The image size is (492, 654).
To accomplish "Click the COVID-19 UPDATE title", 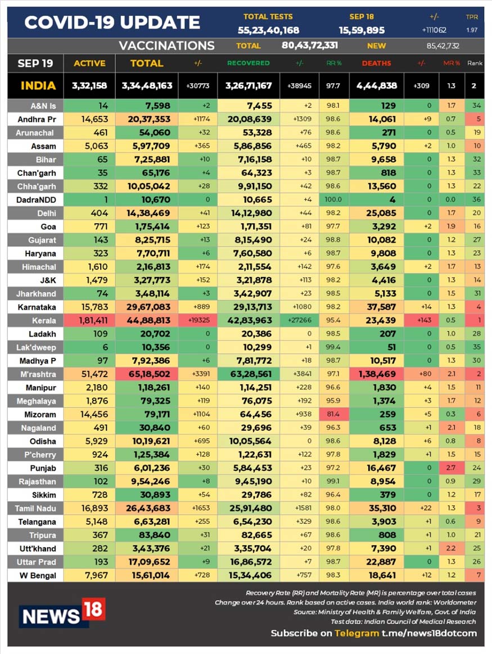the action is [112, 22].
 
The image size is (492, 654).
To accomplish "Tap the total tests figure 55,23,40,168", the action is [268, 30].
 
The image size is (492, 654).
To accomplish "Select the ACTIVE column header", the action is [89, 63].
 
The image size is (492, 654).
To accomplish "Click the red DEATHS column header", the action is [376, 63].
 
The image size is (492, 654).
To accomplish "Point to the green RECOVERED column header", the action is [249, 63].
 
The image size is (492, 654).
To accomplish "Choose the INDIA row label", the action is [38, 86].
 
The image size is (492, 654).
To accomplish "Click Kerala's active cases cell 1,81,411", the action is [93, 320].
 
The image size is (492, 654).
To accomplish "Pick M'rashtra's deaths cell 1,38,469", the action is [377, 374].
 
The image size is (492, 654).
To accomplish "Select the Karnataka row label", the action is [37, 307].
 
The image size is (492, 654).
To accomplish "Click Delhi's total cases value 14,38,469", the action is [148, 213].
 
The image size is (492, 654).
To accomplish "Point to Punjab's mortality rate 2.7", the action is [451, 468].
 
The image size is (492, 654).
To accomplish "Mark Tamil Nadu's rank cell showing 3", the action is [479, 508].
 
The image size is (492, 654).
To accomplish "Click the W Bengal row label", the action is [38, 575].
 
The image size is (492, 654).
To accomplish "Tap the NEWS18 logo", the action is [62, 614].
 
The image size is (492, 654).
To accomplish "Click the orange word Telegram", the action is [357, 633].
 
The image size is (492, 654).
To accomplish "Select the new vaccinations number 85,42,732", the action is [443, 46].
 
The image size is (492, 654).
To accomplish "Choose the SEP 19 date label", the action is [35, 63].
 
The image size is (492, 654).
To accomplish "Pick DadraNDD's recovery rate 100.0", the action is [333, 199].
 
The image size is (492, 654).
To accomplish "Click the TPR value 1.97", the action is [472, 30].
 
